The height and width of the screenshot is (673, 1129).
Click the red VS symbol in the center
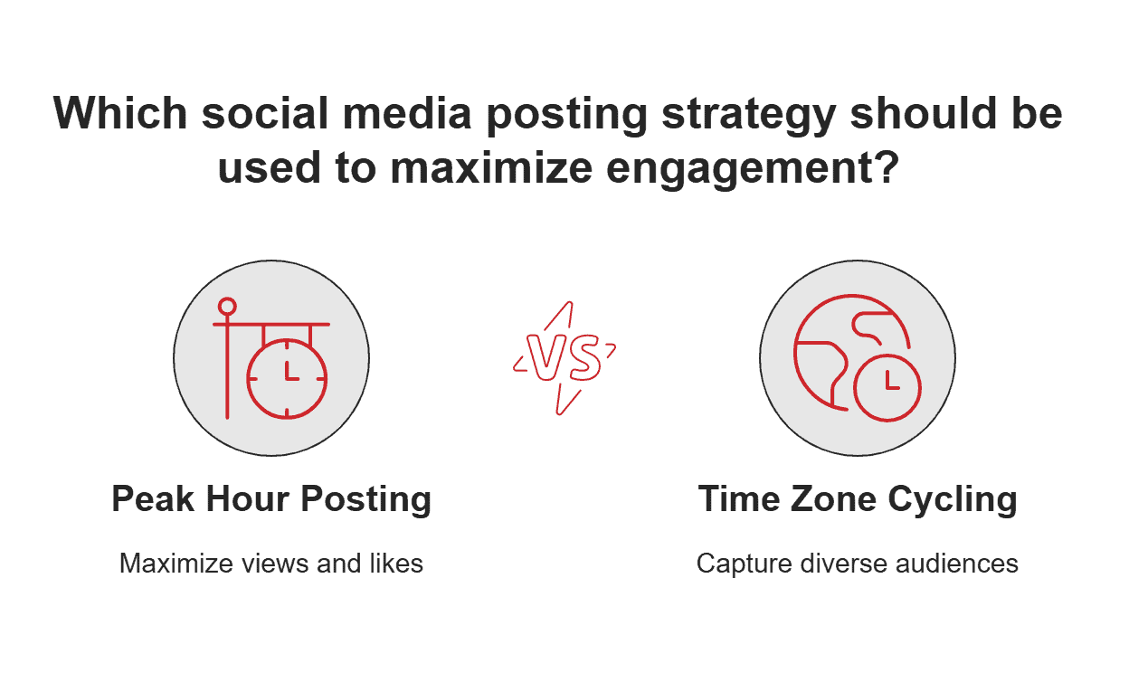(564, 359)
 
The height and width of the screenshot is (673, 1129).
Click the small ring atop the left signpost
(227, 306)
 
